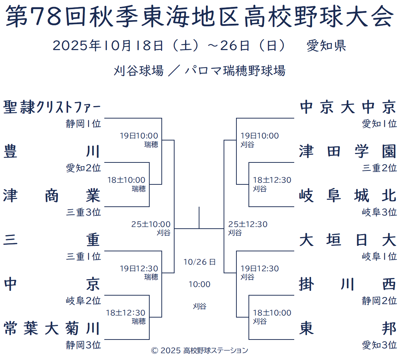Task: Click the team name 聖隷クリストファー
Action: [52, 108]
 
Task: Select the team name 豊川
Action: [52, 151]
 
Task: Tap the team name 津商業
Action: [52, 196]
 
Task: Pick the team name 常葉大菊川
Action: [52, 328]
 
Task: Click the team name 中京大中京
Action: [348, 108]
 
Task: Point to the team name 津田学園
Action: [348, 151]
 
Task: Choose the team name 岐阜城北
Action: [348, 196]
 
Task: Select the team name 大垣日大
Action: [348, 240]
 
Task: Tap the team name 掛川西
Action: [348, 284]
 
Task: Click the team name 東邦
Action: [348, 328]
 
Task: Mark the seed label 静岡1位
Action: [83, 124]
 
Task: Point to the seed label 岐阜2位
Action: [83, 301]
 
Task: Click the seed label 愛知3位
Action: [379, 345]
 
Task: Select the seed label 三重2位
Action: [379, 168]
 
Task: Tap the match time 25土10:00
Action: [151, 224]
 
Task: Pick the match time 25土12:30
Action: [248, 224]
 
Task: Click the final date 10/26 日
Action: [199, 262]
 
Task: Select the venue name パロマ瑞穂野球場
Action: [235, 71]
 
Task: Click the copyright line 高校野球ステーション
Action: [216, 350]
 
